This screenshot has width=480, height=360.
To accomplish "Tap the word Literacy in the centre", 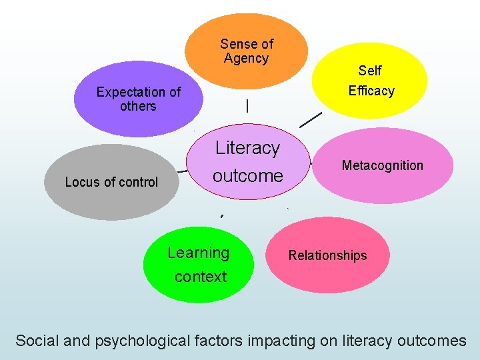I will pos(247,148).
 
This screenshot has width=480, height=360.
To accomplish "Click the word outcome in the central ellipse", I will pos(247,176).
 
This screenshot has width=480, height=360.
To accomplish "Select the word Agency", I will pos(246,59).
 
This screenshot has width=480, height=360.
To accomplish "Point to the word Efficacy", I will pos(371,91).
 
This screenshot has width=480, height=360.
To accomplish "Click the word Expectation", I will pos(131,92).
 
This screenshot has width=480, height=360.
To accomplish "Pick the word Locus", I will pos(81,182).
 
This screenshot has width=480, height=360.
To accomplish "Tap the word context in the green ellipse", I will pos(200,277).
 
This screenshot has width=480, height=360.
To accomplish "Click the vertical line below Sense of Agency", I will pos(247,105).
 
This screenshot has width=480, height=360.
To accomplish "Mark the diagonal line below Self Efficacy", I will pos(311,119).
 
